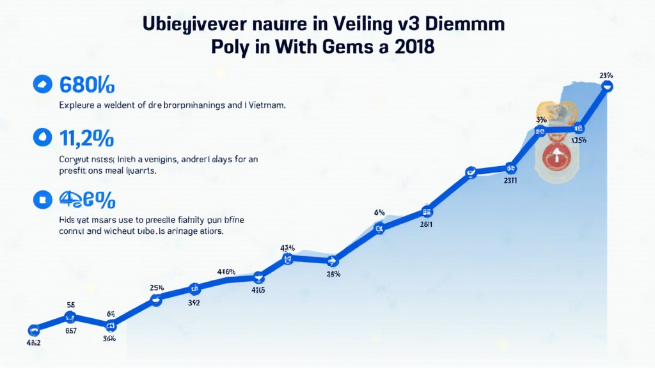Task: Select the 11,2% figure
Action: coord(87,137)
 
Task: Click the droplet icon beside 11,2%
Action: coord(42,137)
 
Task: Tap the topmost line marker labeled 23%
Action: coord(607,84)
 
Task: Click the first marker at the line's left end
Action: coord(34,330)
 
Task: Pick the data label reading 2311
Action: coord(510,181)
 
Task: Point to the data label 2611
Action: coord(426,224)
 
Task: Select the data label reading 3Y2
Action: coord(194,303)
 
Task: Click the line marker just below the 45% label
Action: coord(288,259)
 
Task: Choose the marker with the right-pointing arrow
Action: coord(331,260)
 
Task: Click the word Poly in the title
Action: coord(239,48)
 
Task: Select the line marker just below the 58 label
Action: coord(70,317)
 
